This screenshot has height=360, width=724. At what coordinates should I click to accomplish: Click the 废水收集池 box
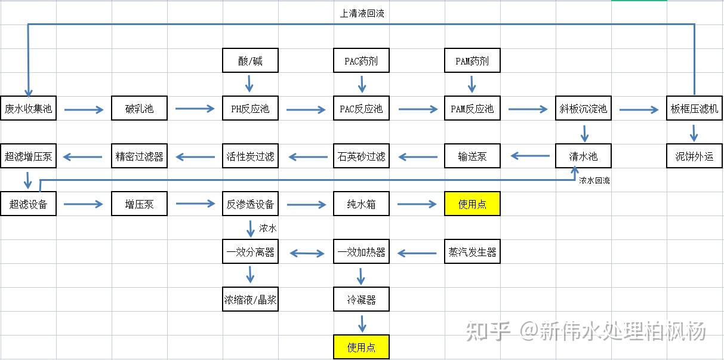point(28,109)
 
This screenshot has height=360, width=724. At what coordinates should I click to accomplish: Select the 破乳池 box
point(139,109)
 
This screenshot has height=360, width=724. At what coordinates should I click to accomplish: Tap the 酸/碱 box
point(250,61)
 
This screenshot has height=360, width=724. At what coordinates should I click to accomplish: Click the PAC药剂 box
point(361,61)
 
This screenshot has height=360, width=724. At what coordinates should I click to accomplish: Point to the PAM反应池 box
point(472,109)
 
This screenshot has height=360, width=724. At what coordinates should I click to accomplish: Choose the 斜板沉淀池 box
point(583,109)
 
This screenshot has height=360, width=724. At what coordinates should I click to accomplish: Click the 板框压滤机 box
point(694,109)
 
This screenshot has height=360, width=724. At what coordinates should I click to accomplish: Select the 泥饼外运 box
point(694,156)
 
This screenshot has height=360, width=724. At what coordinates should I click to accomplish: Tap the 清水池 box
point(583,156)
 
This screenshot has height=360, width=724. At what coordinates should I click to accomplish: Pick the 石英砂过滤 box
point(361,156)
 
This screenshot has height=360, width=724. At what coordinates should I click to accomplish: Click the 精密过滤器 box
point(139,156)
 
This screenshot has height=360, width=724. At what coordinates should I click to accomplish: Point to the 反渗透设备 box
point(250,204)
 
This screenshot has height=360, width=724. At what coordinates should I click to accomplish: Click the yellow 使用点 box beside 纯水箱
point(472,204)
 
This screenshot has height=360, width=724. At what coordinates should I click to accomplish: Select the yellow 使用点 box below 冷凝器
point(361,347)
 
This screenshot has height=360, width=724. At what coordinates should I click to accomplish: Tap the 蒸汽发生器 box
point(472,252)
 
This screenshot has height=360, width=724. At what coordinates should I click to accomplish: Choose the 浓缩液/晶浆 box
point(250,300)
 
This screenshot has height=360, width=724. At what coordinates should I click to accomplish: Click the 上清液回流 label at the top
point(362,13)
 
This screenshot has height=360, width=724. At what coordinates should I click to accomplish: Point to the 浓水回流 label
point(594,180)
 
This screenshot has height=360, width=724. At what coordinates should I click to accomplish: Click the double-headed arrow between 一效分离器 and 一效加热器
point(306,253)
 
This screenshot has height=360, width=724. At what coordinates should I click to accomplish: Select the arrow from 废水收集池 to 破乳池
point(84,109)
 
